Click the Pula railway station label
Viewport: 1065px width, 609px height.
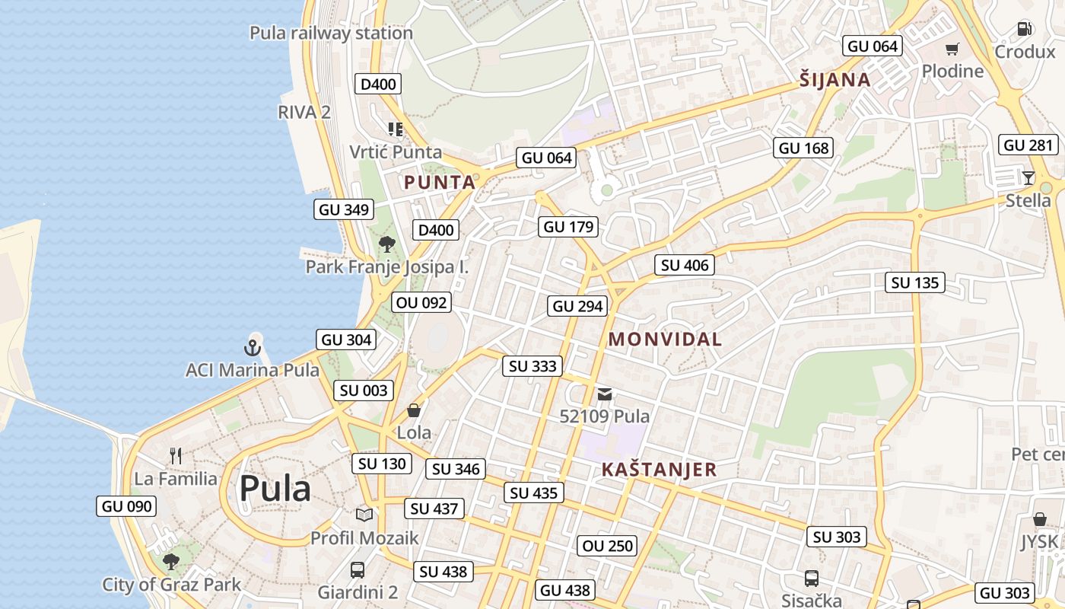331,33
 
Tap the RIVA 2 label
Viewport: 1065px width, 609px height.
304,112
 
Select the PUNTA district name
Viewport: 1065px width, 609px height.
440,183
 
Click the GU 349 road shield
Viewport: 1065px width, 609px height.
344,209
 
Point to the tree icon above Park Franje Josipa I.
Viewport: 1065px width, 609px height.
387,244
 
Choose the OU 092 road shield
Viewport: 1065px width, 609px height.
422,302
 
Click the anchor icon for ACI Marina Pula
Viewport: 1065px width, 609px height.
252,348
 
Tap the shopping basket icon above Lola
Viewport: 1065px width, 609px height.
414,410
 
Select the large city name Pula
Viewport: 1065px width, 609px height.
275,489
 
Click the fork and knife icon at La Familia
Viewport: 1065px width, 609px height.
176,456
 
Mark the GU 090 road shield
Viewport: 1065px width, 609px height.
127,506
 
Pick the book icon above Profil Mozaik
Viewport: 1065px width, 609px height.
364,515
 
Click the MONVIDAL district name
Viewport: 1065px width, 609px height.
665,340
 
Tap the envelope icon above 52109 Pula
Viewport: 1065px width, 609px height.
605,394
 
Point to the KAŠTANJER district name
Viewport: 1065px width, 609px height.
659,470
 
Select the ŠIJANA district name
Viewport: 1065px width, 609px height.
835,80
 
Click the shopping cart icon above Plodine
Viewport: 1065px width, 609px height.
952,49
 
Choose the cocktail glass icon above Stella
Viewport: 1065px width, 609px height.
1028,178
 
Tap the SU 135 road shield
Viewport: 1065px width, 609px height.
915,282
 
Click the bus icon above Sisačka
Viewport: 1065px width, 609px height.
812,578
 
